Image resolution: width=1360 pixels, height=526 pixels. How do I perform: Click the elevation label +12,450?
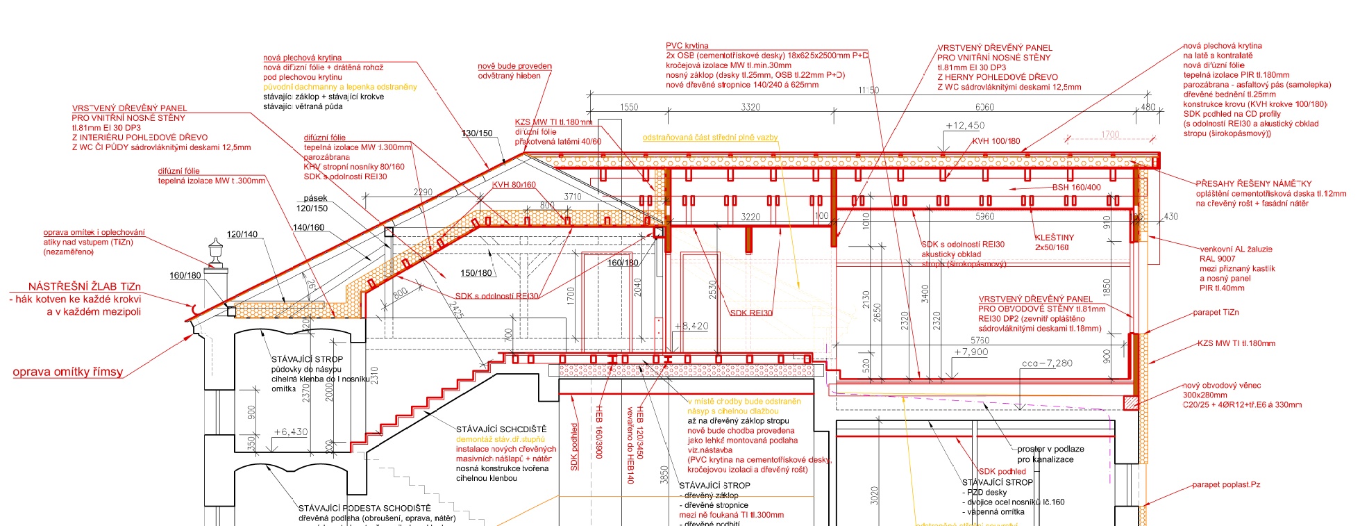(964, 126)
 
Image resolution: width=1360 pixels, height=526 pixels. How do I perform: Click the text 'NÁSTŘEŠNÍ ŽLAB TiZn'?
(84, 286)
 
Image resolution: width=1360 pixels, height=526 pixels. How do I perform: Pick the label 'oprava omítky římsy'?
(67, 372)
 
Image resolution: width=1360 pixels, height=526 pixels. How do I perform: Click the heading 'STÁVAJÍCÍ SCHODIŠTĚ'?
(501, 429)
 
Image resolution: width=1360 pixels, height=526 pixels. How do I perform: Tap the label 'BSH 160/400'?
(1076, 188)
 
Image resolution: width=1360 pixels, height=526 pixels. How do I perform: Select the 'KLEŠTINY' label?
(1054, 238)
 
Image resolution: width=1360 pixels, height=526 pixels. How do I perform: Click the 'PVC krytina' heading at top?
(687, 46)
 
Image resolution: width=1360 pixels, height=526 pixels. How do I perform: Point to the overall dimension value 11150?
(868, 90)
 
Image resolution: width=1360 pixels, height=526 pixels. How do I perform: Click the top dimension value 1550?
(629, 107)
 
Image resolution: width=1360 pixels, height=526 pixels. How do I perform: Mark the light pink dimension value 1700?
(1110, 135)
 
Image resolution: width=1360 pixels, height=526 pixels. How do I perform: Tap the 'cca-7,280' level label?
(1047, 363)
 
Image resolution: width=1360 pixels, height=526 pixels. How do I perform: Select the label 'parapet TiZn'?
(1216, 313)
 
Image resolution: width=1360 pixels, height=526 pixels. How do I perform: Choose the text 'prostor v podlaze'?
(1050, 449)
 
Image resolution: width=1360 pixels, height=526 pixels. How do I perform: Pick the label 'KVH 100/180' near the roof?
(996, 141)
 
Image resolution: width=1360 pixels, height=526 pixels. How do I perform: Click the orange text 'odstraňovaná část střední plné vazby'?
(710, 138)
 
